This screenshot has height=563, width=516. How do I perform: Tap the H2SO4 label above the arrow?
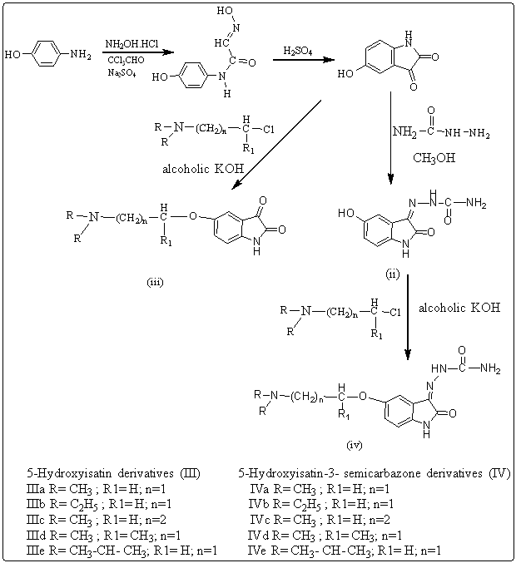point(298,51)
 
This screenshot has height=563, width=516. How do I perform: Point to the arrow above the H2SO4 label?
point(299,60)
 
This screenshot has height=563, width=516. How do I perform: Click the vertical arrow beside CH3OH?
point(389,141)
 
